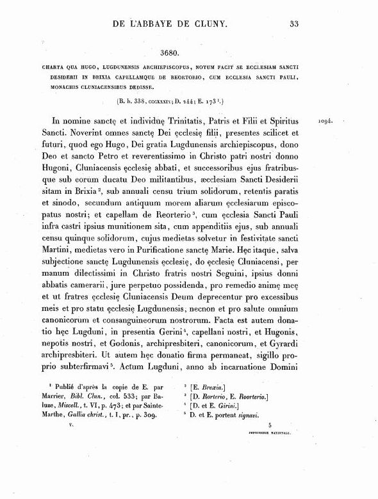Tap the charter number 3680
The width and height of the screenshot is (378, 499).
coord(176,55)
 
